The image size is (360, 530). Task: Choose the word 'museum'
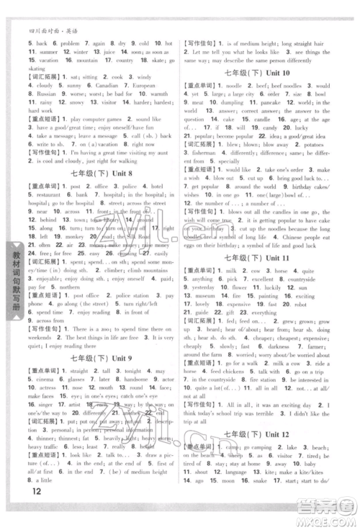(205, 296)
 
